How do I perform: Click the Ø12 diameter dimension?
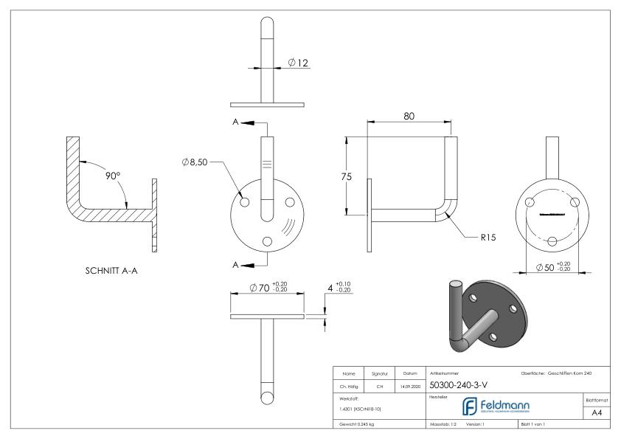[x=299, y=63]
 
